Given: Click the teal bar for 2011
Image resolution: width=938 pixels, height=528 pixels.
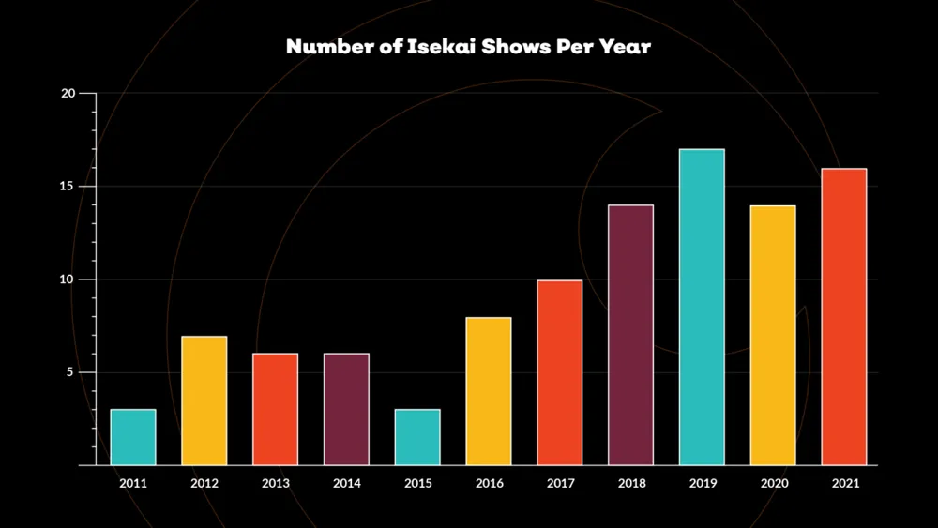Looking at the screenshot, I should [133, 437].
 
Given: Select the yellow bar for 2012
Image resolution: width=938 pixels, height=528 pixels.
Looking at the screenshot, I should [204, 400].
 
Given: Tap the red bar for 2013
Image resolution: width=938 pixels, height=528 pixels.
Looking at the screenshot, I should [276, 409].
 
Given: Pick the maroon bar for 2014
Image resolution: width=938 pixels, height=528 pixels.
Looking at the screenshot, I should [347, 409].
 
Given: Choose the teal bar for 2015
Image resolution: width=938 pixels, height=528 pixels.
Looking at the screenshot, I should [417, 437].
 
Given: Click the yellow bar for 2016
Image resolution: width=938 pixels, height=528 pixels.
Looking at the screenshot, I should [489, 391].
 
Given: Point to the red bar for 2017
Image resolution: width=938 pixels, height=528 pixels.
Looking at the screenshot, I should [560, 372].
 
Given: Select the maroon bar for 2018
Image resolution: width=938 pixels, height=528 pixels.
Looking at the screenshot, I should [631, 335].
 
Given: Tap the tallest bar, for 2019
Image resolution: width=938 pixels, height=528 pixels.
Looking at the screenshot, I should [702, 307].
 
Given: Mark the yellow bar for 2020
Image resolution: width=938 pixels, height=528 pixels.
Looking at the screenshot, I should [773, 335].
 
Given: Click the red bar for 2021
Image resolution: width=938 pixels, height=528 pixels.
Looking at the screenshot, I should [844, 316].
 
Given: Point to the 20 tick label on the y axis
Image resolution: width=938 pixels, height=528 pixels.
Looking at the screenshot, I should [68, 94].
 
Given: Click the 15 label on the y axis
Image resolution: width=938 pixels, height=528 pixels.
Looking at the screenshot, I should [68, 187].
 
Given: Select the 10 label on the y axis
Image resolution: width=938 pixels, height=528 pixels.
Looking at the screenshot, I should [68, 279].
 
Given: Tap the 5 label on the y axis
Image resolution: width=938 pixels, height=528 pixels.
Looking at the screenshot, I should [71, 372].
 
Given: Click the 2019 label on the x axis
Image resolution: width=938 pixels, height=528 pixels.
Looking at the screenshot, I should [703, 483].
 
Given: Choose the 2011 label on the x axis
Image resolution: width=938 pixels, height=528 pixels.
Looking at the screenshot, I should [133, 483].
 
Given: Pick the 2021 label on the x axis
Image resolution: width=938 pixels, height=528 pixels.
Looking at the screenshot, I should [844, 483].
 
